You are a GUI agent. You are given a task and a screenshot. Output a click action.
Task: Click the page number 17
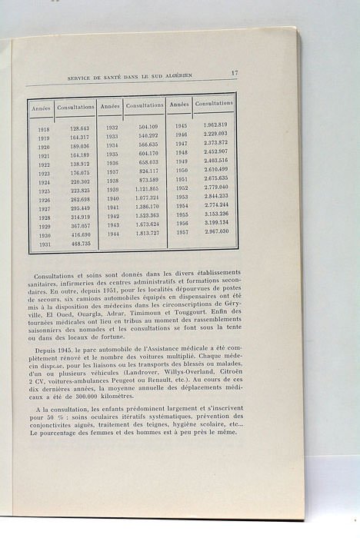point(234,73)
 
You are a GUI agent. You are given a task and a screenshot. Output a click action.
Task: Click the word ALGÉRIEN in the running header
point(193,77)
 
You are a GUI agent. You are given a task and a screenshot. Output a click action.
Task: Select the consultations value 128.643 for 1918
point(80,129)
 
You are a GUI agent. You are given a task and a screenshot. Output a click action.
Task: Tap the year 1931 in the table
point(44,244)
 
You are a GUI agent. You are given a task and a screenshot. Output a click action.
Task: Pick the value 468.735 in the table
point(81,244)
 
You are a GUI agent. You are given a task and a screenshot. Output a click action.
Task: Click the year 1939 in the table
point(112,189)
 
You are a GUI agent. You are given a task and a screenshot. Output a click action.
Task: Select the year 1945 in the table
point(181,125)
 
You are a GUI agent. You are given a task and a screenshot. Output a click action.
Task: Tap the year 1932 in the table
point(112,127)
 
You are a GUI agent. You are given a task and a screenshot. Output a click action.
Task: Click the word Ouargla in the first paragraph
point(92,324)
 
